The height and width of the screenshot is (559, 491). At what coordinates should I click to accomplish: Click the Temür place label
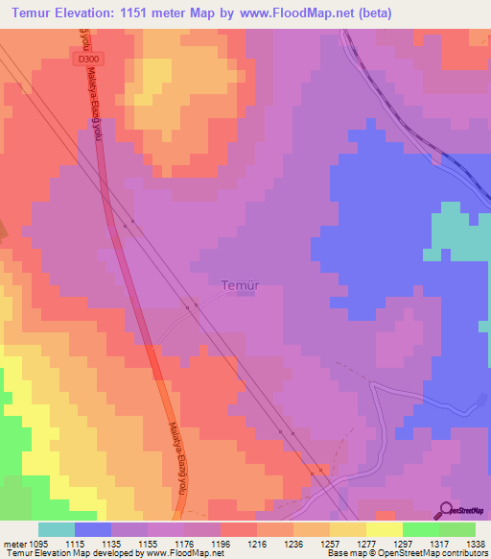[241, 285]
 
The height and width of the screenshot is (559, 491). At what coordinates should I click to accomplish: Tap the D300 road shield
[87, 60]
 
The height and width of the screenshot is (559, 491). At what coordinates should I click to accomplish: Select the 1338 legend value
[476, 543]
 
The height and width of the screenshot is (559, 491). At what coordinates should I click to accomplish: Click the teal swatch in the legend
[57, 529]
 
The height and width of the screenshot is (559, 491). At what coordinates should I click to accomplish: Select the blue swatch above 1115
[93, 529]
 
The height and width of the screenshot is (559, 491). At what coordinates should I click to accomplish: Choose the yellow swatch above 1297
[384, 529]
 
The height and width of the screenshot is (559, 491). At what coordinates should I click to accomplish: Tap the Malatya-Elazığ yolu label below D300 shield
[97, 115]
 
